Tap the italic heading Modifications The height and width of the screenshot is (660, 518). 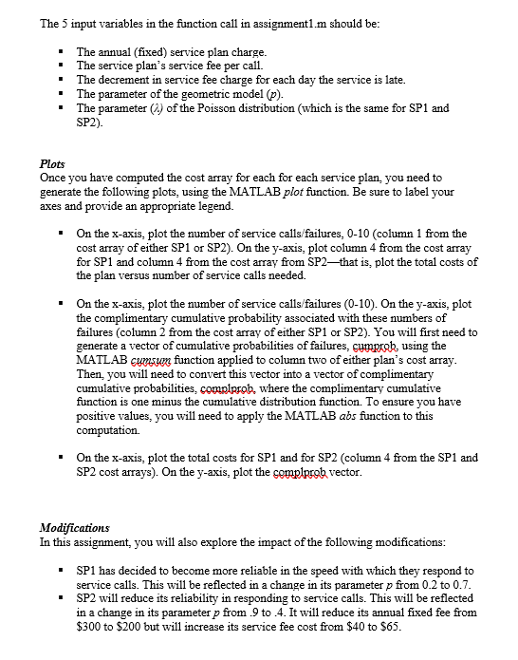[x=75, y=527]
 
